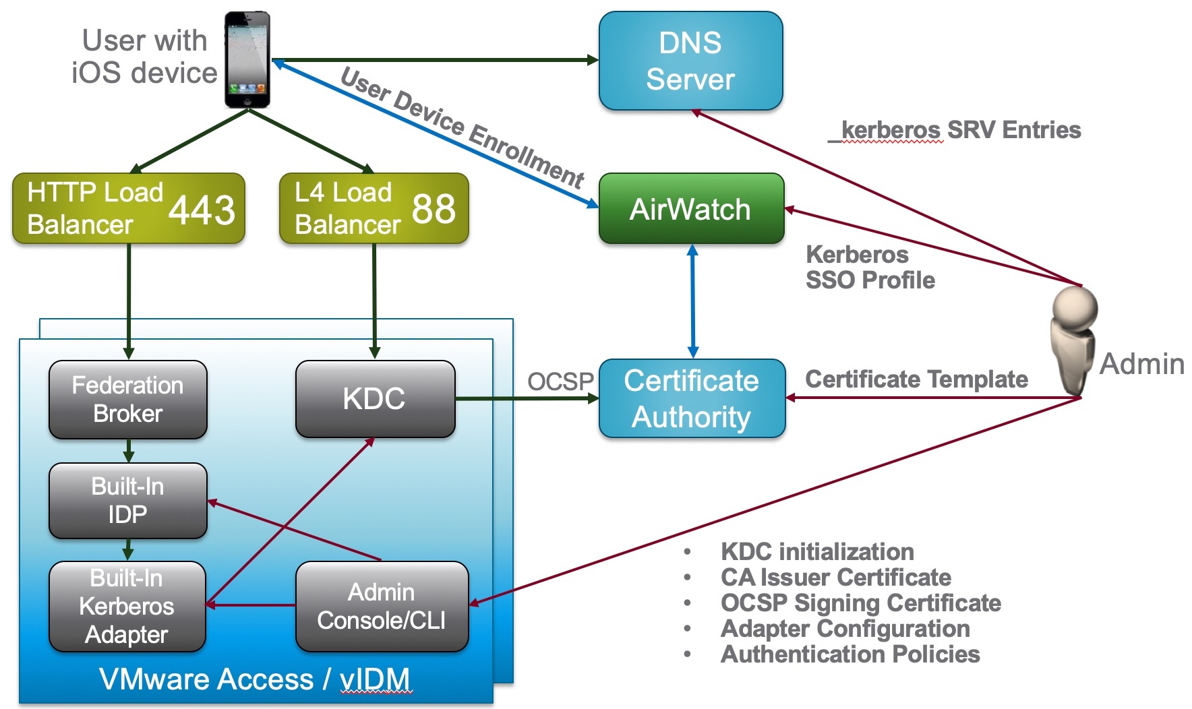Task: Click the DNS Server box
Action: (690, 61)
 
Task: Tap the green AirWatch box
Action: (690, 209)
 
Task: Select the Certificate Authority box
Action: (692, 398)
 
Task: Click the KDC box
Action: (375, 398)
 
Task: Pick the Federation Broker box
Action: (127, 399)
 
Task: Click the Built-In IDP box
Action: (127, 500)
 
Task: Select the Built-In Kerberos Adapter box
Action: (127, 606)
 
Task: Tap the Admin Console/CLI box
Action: (382, 606)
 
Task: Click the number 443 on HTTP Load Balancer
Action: (202, 210)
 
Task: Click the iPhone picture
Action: (247, 59)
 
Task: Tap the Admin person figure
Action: (1073, 340)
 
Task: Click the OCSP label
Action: (560, 381)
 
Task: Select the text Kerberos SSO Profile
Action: (869, 268)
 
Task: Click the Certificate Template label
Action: (916, 379)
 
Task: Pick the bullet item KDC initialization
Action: (816, 552)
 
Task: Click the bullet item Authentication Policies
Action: (850, 654)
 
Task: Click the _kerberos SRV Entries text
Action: (954, 130)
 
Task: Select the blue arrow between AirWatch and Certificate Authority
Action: (692, 301)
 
